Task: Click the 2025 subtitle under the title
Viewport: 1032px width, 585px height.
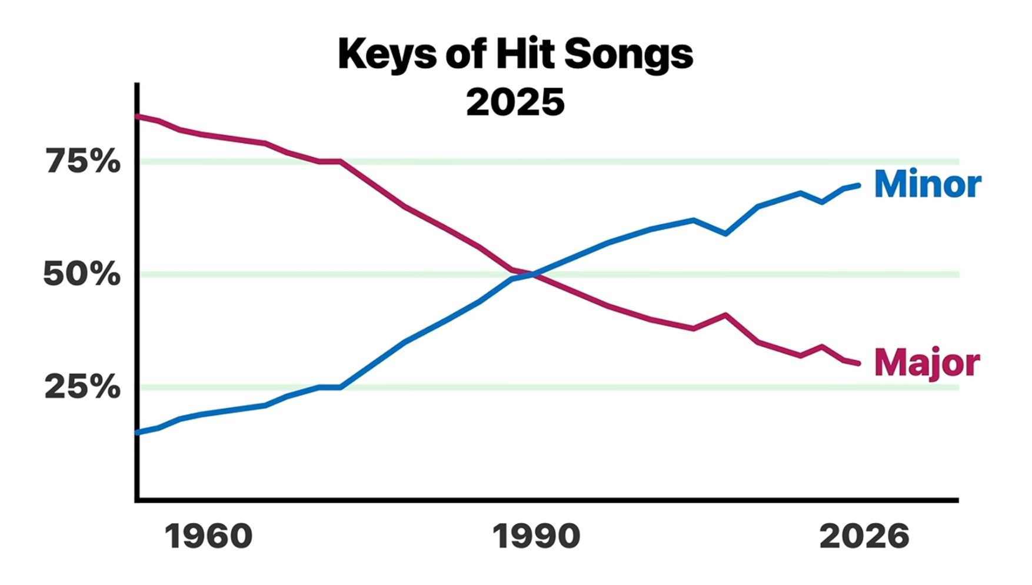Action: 515,102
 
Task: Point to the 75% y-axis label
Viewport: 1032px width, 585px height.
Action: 82,161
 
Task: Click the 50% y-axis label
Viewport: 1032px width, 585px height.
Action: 82,274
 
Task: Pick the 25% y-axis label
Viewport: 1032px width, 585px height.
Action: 82,387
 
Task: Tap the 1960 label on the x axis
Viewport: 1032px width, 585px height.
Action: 209,536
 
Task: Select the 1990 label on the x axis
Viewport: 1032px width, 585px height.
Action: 537,536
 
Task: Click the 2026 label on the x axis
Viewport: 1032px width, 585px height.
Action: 864,536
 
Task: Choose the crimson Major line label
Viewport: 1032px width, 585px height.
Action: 927,363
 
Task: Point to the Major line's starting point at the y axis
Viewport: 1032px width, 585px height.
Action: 138,117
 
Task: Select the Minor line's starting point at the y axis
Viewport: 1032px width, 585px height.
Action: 138,433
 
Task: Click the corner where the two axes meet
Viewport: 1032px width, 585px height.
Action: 137,500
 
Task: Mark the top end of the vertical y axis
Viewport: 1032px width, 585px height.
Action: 137,84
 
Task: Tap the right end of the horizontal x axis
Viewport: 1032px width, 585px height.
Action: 958,500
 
